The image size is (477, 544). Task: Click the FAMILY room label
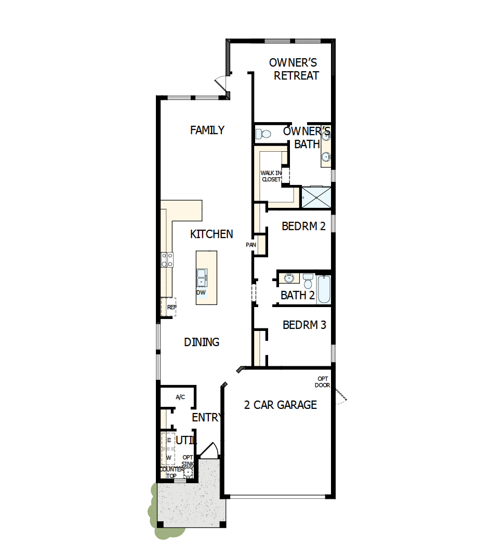tap(207, 130)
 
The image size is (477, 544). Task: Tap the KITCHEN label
tap(211, 234)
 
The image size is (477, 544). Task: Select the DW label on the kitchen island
tap(201, 293)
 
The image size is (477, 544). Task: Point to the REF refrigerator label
tap(171, 307)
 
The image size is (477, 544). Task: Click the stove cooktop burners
tap(167, 259)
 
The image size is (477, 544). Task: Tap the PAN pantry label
tap(251, 244)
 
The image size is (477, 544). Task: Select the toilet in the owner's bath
tap(263, 134)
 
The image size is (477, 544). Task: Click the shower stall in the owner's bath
tap(316, 197)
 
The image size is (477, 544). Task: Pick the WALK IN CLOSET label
tap(271, 176)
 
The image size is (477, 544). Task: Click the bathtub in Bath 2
tap(323, 289)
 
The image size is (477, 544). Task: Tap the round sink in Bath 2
tap(289, 279)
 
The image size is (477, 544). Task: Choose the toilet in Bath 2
tap(308, 281)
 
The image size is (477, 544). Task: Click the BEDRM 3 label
tap(304, 325)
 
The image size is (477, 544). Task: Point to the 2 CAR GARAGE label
tap(280, 405)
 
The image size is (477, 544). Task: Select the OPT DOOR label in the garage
tap(322, 382)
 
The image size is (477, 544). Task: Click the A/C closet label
tap(180, 397)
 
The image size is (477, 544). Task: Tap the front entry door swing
tap(209, 450)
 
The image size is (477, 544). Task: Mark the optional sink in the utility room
tap(188, 472)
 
